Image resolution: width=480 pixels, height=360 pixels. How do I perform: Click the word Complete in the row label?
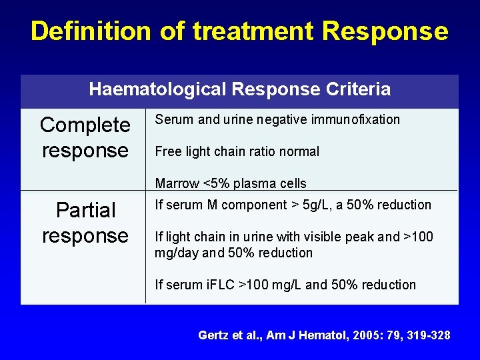click(85, 125)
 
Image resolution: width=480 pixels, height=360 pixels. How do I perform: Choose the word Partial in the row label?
click(85, 210)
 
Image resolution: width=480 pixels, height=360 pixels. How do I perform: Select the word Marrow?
click(177, 183)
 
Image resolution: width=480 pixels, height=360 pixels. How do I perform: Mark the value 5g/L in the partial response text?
click(319, 205)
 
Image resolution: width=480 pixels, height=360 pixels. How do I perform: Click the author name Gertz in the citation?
click(213, 335)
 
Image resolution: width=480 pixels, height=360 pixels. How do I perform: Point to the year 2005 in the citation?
click(363, 335)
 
